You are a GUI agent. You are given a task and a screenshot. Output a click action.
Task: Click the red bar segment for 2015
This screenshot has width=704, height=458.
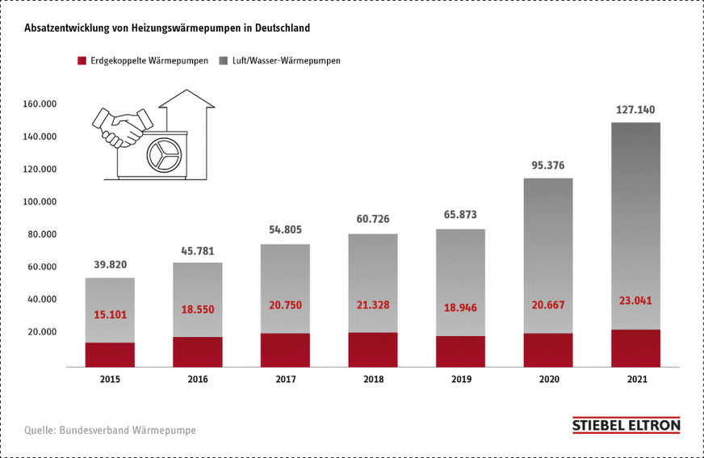[110, 355]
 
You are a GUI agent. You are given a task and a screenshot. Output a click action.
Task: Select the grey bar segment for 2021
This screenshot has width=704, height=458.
[635, 226]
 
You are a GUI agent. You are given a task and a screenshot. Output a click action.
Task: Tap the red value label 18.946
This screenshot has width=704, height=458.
[459, 308]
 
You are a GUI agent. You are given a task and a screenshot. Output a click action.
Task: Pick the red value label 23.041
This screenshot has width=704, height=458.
[635, 300]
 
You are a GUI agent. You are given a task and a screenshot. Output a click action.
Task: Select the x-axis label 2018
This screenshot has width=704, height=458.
[372, 379]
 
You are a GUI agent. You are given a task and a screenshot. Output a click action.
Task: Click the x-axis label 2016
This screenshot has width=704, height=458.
[197, 379]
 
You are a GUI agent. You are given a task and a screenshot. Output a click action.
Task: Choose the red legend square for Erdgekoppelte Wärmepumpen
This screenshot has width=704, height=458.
[81, 61]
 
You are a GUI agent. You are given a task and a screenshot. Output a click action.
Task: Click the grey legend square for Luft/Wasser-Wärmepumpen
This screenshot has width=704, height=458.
[224, 61]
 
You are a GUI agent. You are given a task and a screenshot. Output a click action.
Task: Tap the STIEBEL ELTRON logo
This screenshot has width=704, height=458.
[626, 426]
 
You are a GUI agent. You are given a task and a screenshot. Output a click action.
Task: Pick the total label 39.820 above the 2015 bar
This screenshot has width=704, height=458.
[110, 264]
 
